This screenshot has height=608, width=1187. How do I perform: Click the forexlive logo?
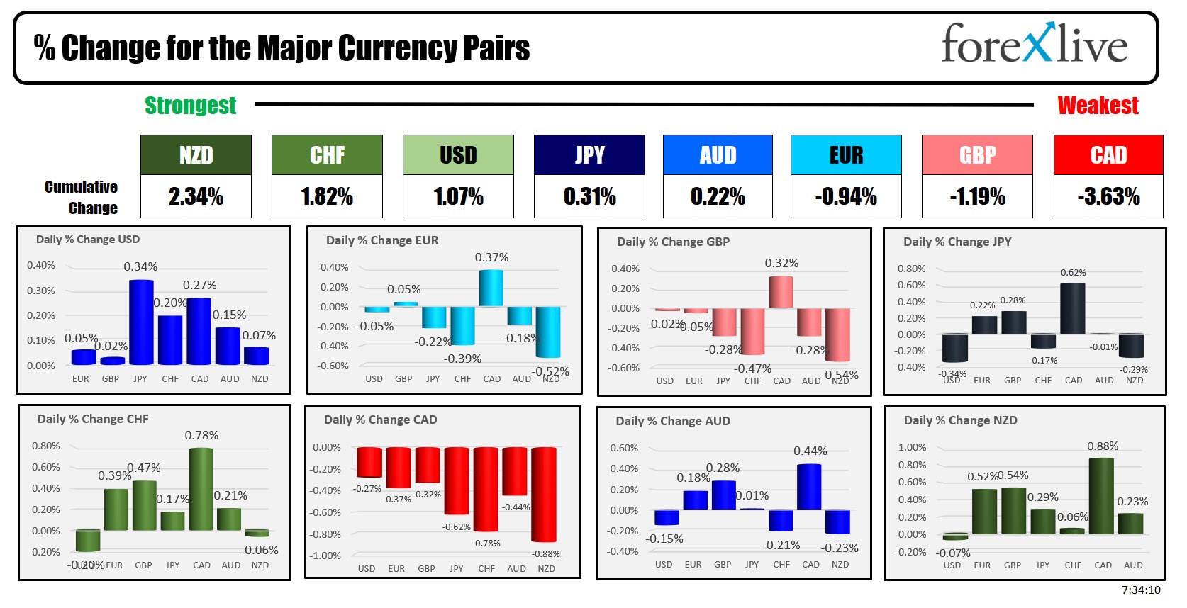click(x=1034, y=44)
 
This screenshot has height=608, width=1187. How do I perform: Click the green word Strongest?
click(x=190, y=106)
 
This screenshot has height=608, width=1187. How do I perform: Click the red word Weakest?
click(x=1098, y=106)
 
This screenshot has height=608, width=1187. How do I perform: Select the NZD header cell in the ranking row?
click(x=196, y=155)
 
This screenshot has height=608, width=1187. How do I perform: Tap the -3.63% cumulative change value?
click(x=1108, y=196)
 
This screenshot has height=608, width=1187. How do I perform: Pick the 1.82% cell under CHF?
click(x=327, y=196)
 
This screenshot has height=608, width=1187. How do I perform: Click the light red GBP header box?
click(x=977, y=155)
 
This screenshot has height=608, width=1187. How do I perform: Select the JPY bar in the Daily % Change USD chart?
click(x=141, y=322)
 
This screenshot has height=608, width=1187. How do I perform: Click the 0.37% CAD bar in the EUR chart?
click(x=491, y=288)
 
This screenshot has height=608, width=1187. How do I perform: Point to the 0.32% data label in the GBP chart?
click(x=781, y=263)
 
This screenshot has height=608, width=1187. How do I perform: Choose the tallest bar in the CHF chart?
click(x=201, y=489)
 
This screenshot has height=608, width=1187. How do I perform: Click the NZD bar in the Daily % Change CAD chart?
click(x=544, y=494)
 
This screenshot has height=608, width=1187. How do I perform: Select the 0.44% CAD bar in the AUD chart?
click(x=809, y=487)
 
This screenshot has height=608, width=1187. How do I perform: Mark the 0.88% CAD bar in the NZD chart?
click(x=1101, y=496)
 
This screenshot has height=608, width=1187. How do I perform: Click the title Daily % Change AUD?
click(x=672, y=421)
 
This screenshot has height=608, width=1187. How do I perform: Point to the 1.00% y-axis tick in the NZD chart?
click(x=912, y=447)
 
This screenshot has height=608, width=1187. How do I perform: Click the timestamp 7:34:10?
click(x=1141, y=590)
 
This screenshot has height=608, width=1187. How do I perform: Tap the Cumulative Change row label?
click(x=82, y=197)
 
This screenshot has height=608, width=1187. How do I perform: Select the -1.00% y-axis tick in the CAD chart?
click(x=326, y=556)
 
